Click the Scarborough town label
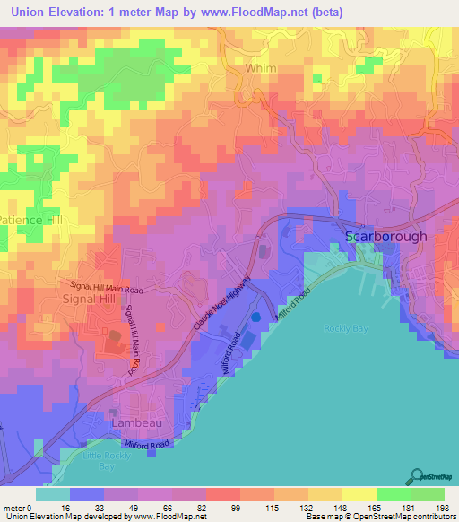[x=386, y=237]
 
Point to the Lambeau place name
[x=134, y=421]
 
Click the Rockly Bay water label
[x=341, y=327]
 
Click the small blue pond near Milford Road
[x=256, y=317]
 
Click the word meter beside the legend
[x=13, y=508]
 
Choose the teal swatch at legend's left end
[x=52, y=494]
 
